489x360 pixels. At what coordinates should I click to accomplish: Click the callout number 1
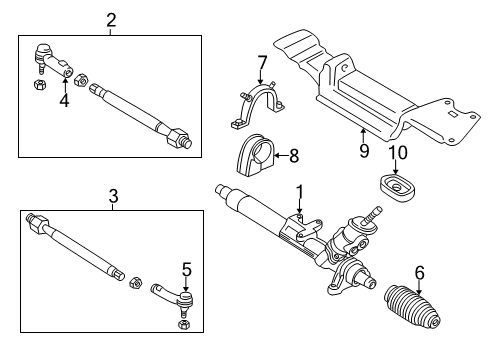click(300, 193)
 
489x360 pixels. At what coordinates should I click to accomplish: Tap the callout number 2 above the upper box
click(111, 20)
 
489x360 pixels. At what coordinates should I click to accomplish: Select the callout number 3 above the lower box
click(113, 196)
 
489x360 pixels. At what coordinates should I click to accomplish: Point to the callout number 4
click(65, 100)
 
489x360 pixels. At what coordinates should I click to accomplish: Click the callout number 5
click(187, 269)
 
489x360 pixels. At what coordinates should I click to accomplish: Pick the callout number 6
click(420, 272)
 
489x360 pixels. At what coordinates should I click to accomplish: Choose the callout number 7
click(262, 63)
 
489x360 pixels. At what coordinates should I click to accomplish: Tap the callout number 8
click(294, 156)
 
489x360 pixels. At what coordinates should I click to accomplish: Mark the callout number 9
click(364, 151)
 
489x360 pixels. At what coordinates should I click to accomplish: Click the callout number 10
click(398, 153)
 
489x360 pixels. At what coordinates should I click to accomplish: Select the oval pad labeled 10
click(397, 187)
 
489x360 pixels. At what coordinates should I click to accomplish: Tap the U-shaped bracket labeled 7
click(258, 105)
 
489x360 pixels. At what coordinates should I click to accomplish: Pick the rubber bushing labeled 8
click(255, 155)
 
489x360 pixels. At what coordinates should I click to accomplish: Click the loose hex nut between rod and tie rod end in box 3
click(135, 283)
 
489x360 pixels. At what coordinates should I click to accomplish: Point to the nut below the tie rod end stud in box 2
click(40, 85)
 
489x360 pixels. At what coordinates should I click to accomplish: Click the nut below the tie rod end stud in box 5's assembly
click(184, 325)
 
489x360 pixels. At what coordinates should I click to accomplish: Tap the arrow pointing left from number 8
click(281, 156)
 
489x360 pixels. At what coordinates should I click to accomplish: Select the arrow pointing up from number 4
click(65, 84)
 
